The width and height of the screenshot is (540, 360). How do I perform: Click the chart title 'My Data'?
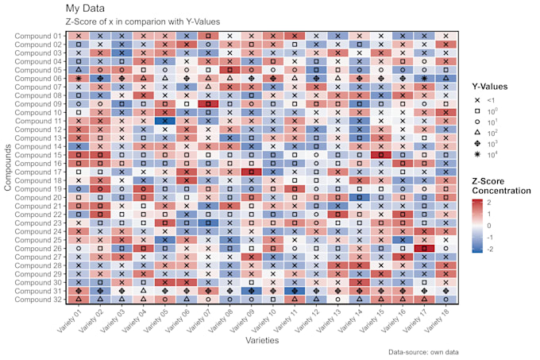point(86,7)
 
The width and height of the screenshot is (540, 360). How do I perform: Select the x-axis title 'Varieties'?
point(262,339)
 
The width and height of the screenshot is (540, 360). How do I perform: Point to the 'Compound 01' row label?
point(40,36)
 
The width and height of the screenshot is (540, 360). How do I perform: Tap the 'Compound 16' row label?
point(40,163)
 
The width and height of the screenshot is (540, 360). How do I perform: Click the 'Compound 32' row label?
point(40,299)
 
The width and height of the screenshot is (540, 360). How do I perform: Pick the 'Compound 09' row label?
point(40,104)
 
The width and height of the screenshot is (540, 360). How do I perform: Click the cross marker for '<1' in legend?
point(479,99)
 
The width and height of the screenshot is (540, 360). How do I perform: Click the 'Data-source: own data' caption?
point(422,351)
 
